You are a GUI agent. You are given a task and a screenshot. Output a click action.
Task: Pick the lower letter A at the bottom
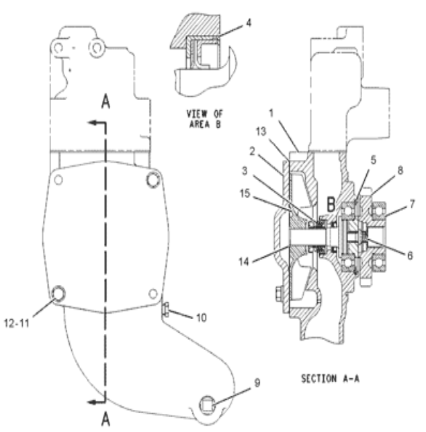(104, 421)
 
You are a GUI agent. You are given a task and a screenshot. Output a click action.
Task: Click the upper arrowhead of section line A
(83, 124)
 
